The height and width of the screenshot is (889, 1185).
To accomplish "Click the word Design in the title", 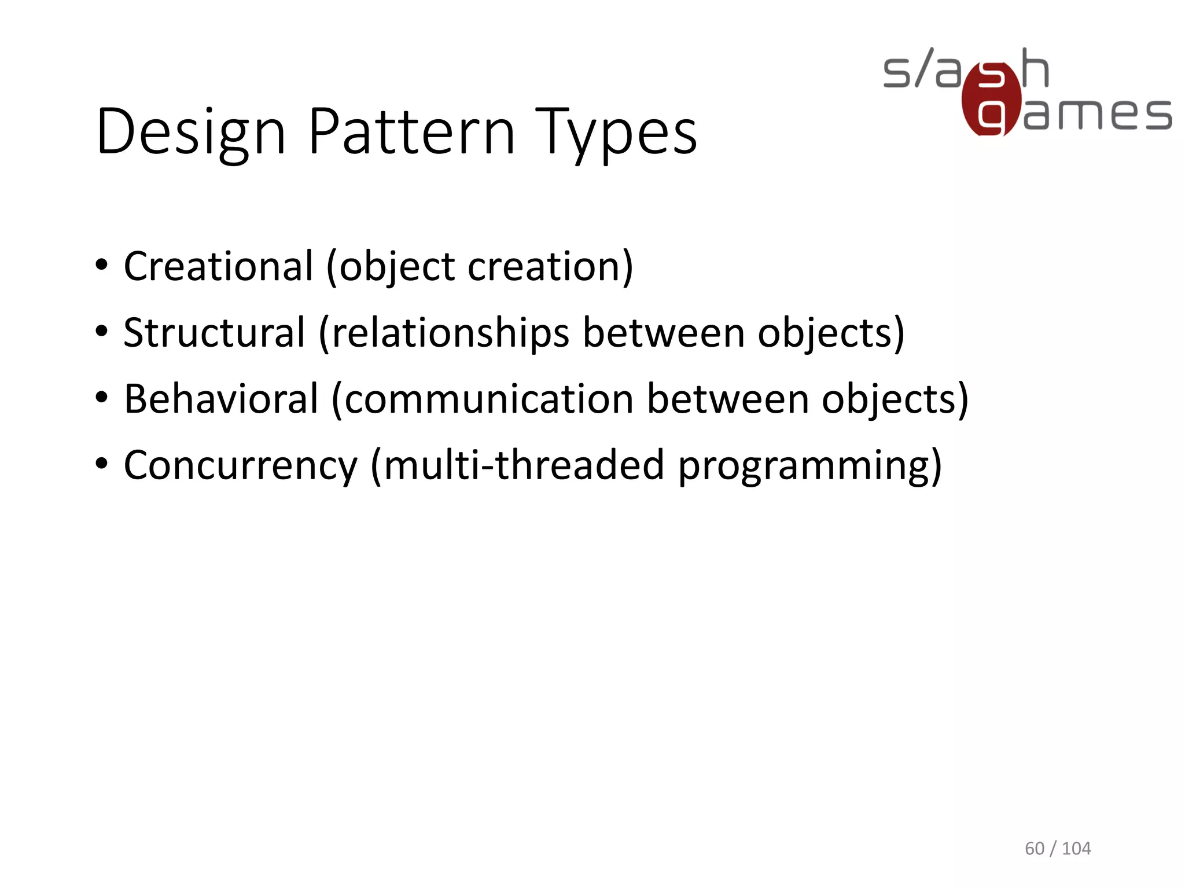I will pos(191,133).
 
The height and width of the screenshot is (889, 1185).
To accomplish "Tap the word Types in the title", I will pos(616,133).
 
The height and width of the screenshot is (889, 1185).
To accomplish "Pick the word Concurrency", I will pos(241,466).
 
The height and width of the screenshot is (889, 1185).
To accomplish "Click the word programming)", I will pos(810,466).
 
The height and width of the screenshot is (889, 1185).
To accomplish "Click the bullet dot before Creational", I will pos(102,266).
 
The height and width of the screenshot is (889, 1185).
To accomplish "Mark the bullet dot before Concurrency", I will pos(102,464).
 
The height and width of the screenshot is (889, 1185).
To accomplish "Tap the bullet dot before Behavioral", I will pos(102,398).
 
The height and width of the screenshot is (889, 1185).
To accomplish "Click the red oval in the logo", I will pos(991,100).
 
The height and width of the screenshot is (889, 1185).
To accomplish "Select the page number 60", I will pos(1035,848).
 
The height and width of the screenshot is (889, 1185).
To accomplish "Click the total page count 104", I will pos(1076,848).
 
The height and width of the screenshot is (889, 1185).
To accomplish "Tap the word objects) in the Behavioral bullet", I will pos(895,399).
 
